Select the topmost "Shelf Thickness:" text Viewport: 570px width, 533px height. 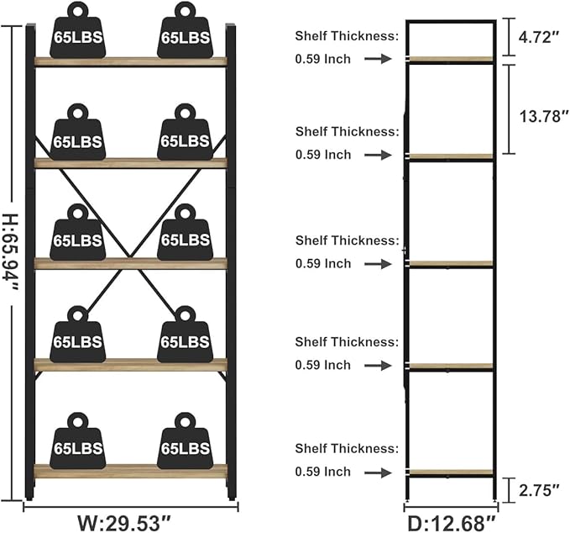click(347, 35)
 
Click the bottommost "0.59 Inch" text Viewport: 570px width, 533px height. click(323, 472)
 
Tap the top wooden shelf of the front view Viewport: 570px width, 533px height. click(130, 61)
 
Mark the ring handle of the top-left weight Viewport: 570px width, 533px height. click(78, 11)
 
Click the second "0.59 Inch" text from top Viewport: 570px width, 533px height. click(323, 155)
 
